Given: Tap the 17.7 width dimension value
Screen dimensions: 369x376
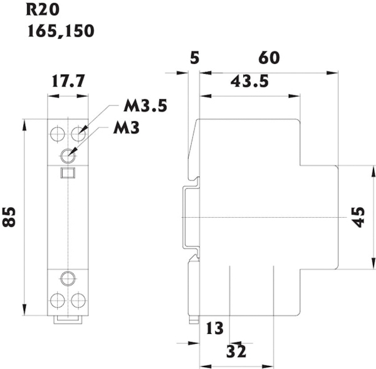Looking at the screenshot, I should (x=68, y=81).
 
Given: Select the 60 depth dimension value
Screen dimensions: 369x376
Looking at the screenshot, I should (x=268, y=58).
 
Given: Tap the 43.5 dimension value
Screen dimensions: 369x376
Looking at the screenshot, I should (x=251, y=82).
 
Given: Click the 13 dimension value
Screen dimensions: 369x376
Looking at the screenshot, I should (x=214, y=327).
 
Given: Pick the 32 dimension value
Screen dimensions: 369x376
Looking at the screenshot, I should (x=236, y=351).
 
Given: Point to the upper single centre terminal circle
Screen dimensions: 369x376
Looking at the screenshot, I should (x=68, y=154).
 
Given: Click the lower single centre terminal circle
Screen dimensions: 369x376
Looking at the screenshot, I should (x=68, y=277).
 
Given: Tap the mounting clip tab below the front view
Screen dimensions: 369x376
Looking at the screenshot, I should (x=68, y=318).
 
